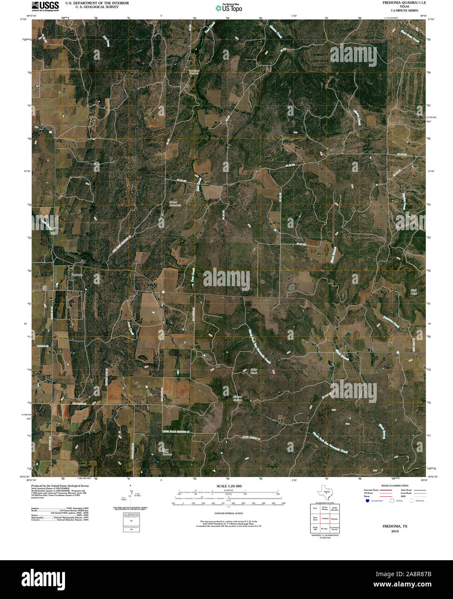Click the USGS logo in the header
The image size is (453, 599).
click(x=45, y=6)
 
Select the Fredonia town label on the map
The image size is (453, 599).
click(x=77, y=274)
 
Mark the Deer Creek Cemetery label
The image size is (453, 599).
click(x=194, y=72)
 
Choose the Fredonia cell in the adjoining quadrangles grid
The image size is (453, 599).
click(x=325, y=518)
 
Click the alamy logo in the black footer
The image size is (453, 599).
click(x=45, y=578)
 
